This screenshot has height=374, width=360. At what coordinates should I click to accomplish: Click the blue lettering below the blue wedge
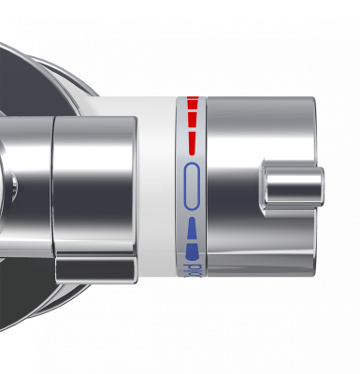coord(193,270)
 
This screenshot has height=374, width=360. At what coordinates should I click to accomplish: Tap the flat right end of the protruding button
coord(320,187)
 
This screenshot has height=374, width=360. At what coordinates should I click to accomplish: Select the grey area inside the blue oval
coord(192,185)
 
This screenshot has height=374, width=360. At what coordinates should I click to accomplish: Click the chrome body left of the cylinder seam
coord(28,187)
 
